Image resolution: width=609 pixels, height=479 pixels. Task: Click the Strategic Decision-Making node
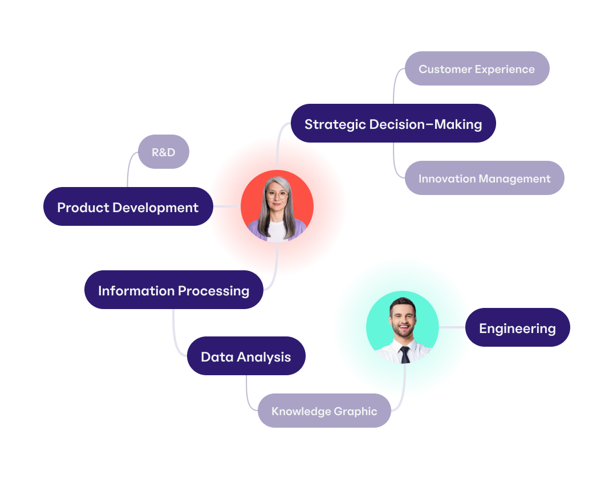tap(393, 124)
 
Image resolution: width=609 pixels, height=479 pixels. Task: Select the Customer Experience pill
tap(477, 69)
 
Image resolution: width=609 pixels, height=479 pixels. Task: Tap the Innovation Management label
tap(484, 178)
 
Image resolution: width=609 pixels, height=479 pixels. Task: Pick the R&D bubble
tap(164, 152)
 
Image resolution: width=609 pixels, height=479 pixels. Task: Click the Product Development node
tap(128, 207)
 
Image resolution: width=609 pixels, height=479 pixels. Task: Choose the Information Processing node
tap(173, 290)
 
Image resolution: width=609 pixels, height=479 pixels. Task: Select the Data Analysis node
tap(246, 356)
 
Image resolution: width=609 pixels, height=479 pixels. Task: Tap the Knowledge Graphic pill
tap(324, 411)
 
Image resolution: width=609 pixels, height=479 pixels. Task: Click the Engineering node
tap(517, 328)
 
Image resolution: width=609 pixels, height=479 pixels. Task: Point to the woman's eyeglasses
tap(277, 194)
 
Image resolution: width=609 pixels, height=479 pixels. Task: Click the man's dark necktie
tap(405, 355)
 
